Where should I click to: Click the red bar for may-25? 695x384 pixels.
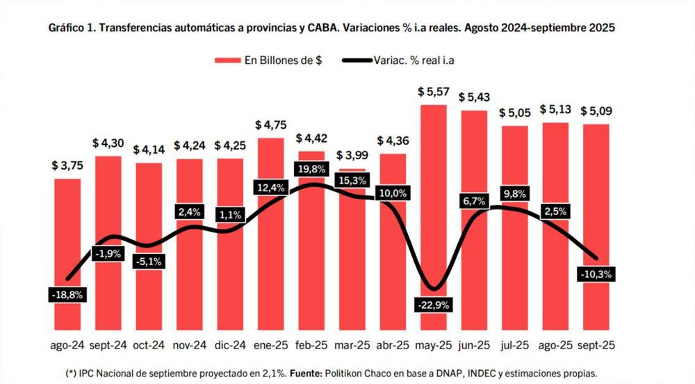(433, 209)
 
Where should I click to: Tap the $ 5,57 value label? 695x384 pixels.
(432, 91)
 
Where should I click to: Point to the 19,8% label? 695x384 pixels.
(311, 169)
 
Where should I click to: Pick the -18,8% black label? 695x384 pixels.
(67, 294)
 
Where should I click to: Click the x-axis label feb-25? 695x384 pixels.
(311, 345)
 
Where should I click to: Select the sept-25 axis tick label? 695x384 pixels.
(596, 345)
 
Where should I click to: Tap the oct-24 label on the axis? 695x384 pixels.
(149, 345)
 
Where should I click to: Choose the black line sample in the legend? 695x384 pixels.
(357, 61)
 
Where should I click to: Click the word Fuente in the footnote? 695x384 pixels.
(309, 373)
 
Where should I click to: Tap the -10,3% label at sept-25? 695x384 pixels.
(595, 274)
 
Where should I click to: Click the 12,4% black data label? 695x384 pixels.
(270, 187)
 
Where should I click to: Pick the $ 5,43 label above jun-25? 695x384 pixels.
(473, 97)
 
